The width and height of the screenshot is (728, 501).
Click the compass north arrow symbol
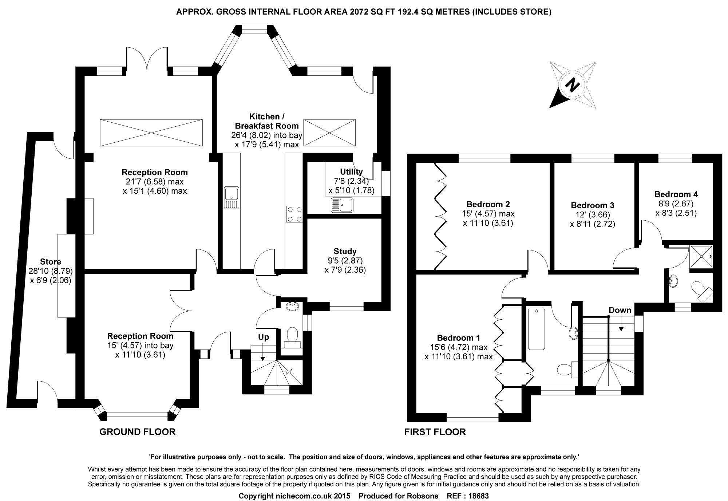(573, 86)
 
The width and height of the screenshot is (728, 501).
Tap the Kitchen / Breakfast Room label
(267, 121)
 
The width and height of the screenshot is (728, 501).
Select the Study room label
(345, 251)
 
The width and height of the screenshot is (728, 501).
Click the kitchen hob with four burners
(294, 214)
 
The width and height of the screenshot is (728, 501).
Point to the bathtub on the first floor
(536, 329)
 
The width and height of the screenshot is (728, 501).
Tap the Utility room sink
(342, 205)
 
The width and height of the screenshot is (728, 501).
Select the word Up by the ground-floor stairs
(264, 337)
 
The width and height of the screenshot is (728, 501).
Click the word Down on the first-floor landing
(620, 310)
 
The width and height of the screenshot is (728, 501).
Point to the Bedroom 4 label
(676, 194)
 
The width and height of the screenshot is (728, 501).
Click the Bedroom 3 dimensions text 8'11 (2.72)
(592, 224)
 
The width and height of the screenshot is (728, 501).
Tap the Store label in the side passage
(51, 261)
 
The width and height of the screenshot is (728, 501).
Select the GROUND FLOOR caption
(137, 432)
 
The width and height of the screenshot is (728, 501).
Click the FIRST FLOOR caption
(435, 432)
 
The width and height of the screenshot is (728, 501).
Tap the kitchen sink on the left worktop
(232, 198)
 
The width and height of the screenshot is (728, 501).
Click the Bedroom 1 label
(459, 338)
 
